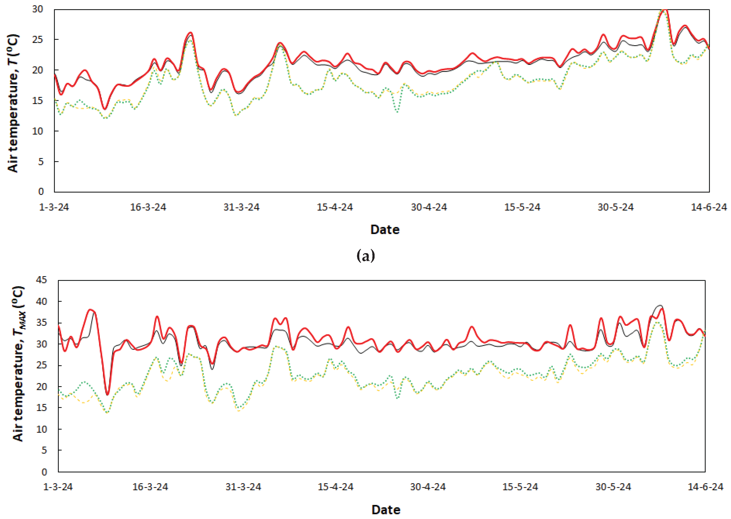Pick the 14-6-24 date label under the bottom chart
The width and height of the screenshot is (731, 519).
click(705, 487)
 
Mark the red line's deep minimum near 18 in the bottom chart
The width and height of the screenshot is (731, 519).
click(108, 395)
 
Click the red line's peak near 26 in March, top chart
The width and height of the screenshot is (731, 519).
click(191, 33)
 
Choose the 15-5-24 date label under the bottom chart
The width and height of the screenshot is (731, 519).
click(520, 487)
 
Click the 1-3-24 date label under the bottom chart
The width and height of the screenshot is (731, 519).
click(58, 487)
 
